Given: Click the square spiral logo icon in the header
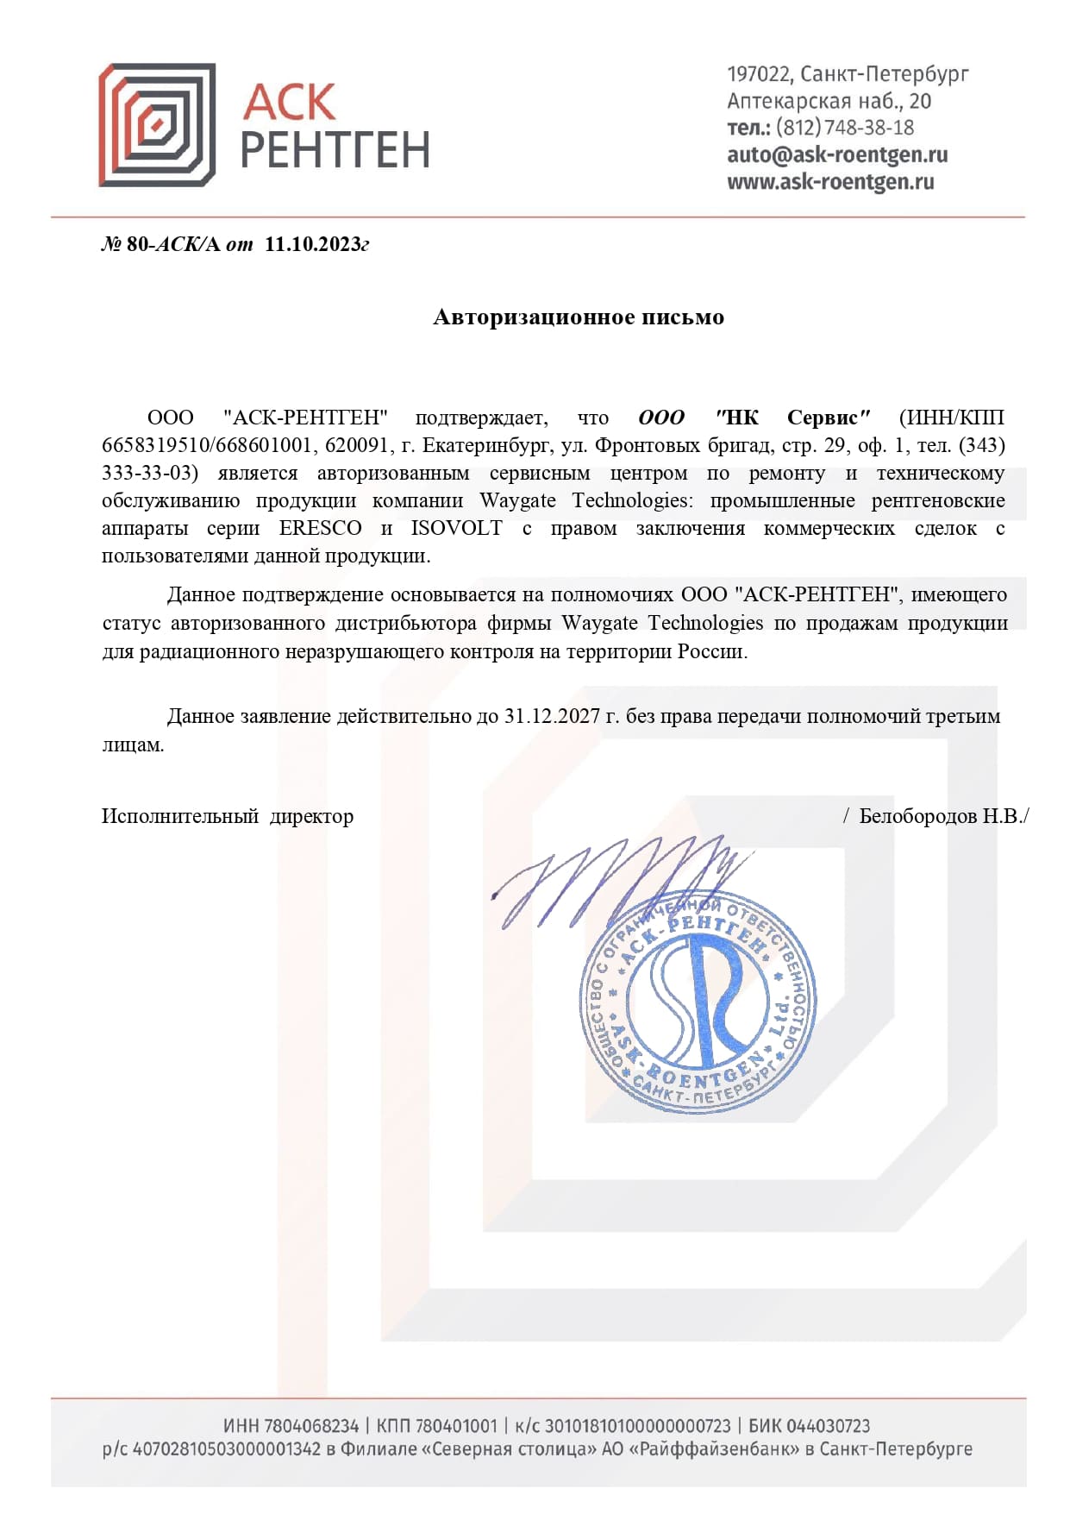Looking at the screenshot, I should (156, 124).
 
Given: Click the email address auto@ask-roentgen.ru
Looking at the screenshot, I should (836, 154).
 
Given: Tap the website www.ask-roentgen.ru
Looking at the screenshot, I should (829, 181).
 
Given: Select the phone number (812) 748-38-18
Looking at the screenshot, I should (844, 128).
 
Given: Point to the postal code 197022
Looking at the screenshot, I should (759, 74).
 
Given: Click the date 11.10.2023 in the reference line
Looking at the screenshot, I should (312, 244).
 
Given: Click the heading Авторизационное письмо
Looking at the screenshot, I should (578, 317).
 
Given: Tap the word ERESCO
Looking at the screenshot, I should (320, 528).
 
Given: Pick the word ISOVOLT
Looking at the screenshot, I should (456, 528).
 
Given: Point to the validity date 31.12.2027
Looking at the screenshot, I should (552, 716).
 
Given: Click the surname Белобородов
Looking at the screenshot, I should (917, 816).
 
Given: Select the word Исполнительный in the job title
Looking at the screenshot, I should (179, 816).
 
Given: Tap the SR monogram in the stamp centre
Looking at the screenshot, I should (698, 1001).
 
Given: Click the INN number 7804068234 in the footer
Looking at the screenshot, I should (311, 1426).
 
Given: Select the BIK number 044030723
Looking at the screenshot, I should (828, 1426).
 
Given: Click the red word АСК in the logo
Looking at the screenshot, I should (289, 103).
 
